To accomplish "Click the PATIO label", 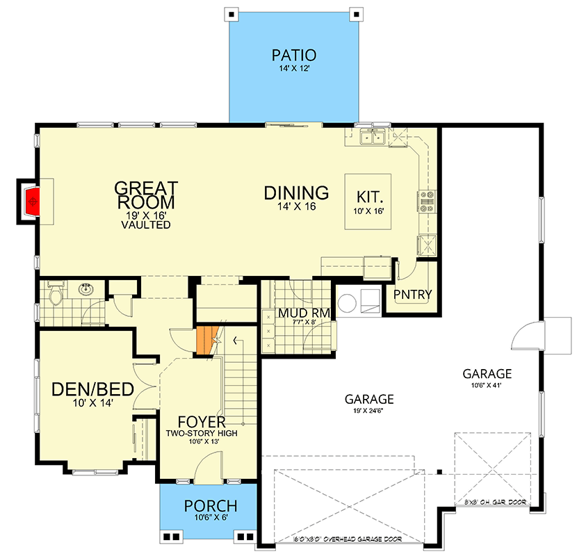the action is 293,55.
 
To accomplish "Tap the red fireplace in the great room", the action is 32,202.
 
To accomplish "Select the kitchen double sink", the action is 373,137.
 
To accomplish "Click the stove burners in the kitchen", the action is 427,202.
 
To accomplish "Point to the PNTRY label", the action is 412,295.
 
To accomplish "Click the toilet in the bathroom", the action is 56,293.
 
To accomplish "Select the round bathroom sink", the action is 87,289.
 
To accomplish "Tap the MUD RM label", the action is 304,313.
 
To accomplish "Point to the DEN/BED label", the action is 92,389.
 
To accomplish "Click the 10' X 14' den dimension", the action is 92,403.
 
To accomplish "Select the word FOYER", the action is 202,422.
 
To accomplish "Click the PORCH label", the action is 211,506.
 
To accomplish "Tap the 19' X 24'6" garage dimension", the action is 368,411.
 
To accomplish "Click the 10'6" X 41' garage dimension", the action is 487,385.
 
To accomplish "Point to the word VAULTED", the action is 146,224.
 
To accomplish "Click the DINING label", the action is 296,193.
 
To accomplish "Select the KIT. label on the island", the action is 370,197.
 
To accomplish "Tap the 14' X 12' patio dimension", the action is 294,68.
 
